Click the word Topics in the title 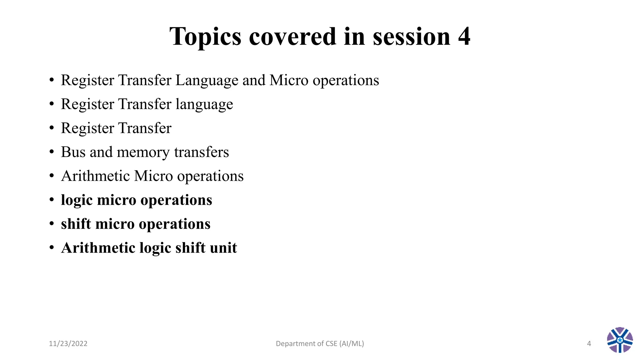(x=205, y=37)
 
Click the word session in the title (x=412, y=37)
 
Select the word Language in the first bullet (x=207, y=81)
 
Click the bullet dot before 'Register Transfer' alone (x=52, y=128)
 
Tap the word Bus (x=73, y=152)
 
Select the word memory (x=143, y=153)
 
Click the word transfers (x=202, y=152)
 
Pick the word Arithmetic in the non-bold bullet (x=95, y=176)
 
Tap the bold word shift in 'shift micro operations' (x=76, y=224)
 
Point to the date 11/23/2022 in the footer (x=68, y=343)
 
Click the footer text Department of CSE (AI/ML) (x=320, y=343)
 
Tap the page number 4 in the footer (x=589, y=343)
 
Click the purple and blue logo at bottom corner (x=620, y=340)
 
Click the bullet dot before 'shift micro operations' (x=52, y=224)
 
